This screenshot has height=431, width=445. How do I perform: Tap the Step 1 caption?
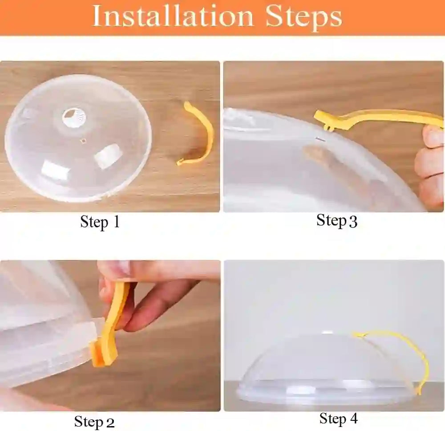[x=100, y=222]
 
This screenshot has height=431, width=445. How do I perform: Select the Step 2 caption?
[x=94, y=421]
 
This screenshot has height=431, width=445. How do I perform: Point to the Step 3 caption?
[x=337, y=220]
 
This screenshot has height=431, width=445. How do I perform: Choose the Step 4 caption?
[x=338, y=419]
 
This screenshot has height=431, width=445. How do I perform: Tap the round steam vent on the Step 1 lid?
[x=70, y=117]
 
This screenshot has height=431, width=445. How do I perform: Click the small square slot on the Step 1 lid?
[x=81, y=142]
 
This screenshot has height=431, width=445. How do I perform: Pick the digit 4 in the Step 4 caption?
[x=353, y=419]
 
